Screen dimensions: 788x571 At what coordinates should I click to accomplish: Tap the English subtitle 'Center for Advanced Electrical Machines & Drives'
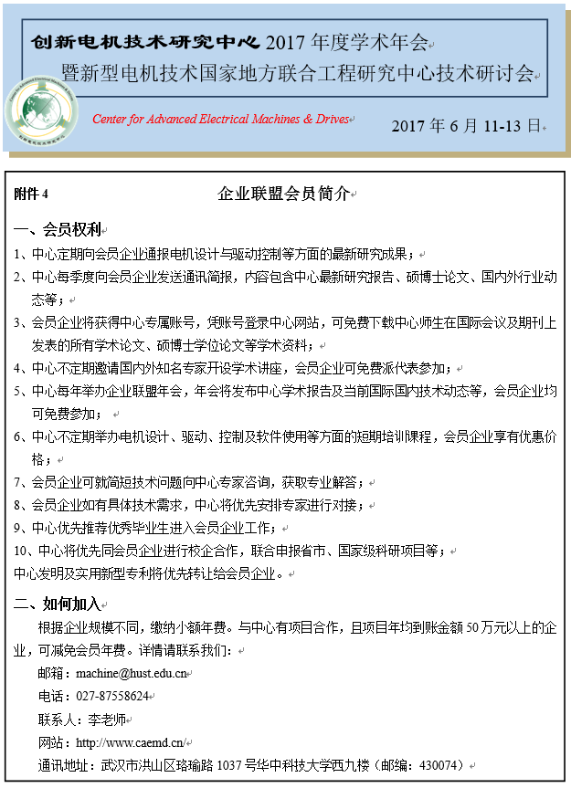[220, 120]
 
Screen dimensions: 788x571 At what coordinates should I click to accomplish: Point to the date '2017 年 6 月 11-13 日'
[466, 126]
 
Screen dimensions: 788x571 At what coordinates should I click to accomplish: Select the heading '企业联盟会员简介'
[283, 194]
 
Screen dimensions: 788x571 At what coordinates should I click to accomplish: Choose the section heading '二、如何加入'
[58, 604]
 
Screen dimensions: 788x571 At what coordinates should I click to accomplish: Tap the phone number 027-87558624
[112, 696]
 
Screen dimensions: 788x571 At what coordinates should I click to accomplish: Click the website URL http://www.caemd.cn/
[130, 741]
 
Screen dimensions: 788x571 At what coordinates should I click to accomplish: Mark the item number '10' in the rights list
[22, 551]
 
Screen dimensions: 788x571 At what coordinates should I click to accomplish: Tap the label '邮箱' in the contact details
[51, 673]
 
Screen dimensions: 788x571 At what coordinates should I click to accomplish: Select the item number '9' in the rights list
[18, 528]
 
